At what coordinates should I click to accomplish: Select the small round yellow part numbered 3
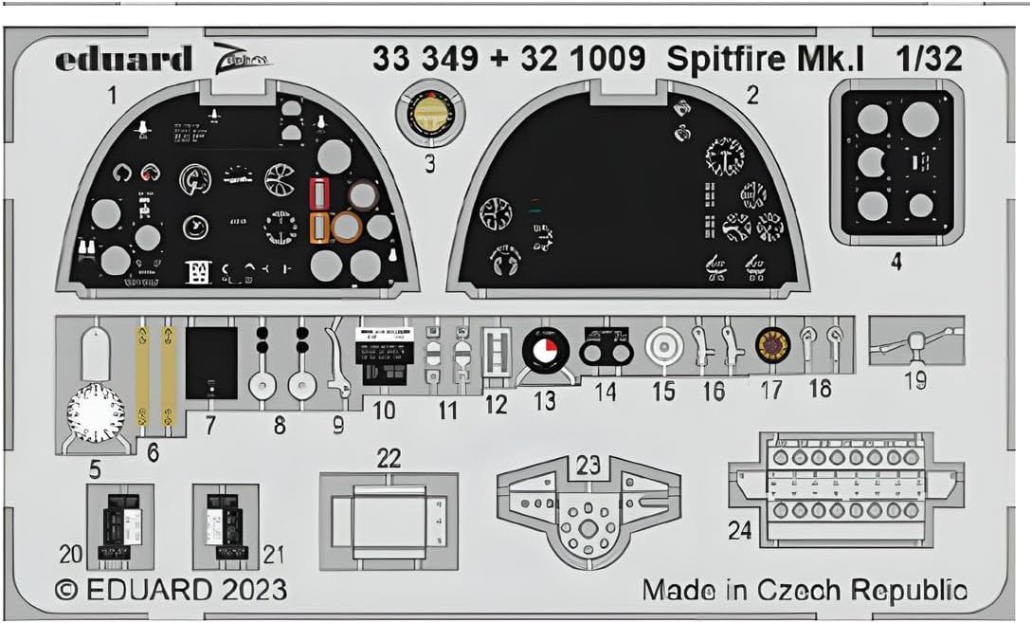coord(428,112)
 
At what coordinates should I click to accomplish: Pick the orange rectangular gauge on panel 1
coord(320,227)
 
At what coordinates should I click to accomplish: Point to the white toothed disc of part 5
coord(96,415)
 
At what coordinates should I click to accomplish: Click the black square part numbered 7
coord(210,362)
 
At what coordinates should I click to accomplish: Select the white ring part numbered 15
coord(662,349)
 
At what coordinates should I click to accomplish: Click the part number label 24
coord(740,532)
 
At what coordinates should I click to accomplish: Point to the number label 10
coord(383,411)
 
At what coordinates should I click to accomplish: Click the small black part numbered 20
coord(119,524)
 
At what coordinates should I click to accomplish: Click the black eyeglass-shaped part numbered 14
coord(606,350)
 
